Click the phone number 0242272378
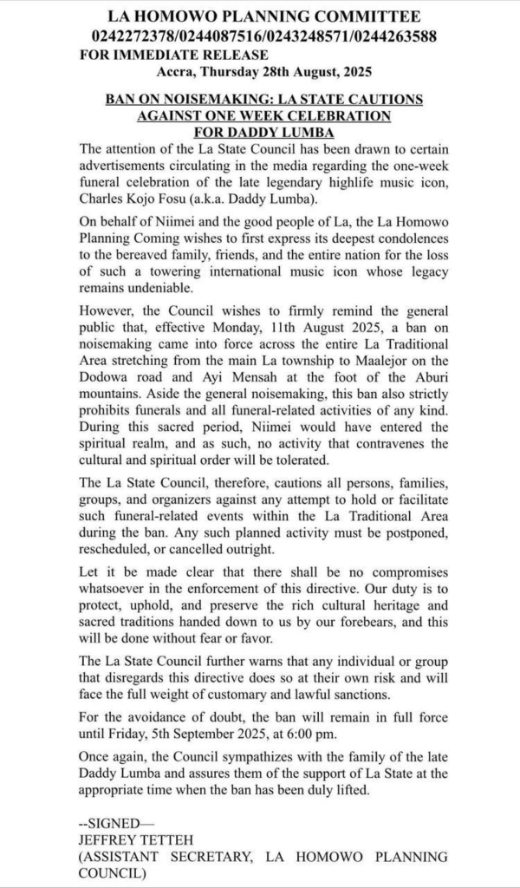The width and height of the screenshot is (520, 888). click(130, 36)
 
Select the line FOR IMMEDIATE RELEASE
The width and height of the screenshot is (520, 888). click(172, 55)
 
